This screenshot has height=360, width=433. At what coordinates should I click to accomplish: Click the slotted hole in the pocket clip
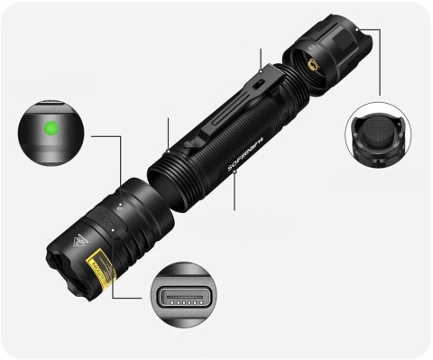256,82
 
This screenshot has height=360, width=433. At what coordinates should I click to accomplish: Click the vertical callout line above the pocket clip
261,58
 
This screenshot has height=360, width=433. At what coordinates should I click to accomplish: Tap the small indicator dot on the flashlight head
121,207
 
